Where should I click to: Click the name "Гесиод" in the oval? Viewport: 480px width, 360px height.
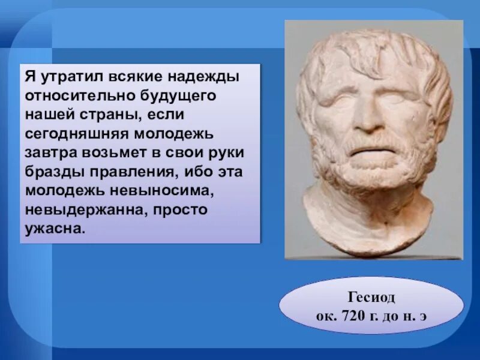click(371, 298)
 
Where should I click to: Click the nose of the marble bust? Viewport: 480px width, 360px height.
click(367, 118)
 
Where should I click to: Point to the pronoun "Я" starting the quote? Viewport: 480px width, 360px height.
click(29, 79)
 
